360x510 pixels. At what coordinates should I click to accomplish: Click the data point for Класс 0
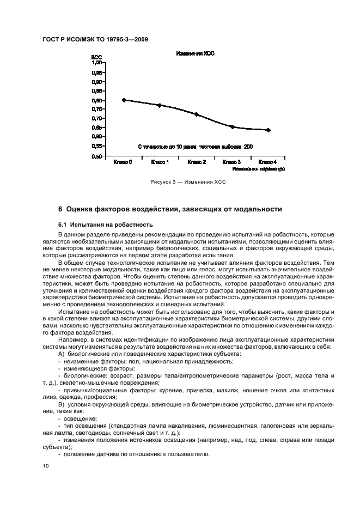coord(124,100)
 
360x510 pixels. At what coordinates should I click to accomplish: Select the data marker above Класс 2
coord(197,114)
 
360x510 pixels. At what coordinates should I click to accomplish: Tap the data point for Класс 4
coord(269,130)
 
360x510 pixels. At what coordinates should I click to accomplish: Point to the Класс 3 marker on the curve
coord(233,127)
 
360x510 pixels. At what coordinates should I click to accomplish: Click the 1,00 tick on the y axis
coord(97,63)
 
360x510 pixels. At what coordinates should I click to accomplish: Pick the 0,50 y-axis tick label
coord(97,156)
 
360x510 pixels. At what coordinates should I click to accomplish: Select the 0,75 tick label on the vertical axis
coord(97,110)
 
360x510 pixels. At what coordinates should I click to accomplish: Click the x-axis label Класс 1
coord(160,162)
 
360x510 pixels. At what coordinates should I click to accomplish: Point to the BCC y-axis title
coord(96,57)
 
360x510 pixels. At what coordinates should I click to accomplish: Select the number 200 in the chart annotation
coord(248,147)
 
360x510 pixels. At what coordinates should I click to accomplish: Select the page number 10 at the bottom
coord(45,466)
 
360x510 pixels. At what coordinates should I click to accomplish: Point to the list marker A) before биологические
coord(60,354)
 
